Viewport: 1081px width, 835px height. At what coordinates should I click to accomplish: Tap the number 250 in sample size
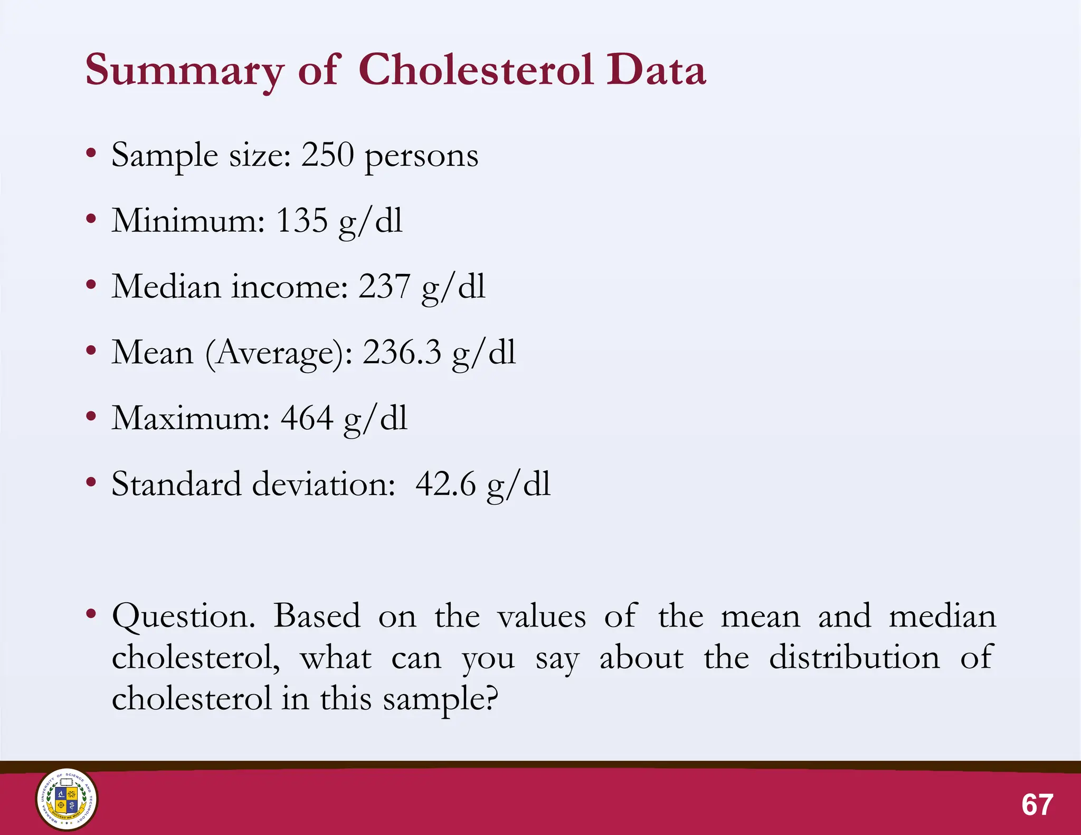click(327, 155)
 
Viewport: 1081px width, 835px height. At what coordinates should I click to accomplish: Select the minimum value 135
click(301, 220)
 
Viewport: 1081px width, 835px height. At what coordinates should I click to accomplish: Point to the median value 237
click(384, 286)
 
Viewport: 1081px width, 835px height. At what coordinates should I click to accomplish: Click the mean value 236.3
click(402, 352)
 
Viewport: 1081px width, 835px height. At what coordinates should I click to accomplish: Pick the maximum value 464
click(307, 418)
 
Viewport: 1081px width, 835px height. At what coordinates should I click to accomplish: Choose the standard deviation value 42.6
click(445, 483)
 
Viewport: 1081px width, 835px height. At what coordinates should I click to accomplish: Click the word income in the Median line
click(289, 286)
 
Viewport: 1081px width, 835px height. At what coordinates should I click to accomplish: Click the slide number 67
click(1037, 804)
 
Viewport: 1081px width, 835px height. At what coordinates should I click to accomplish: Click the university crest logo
click(67, 799)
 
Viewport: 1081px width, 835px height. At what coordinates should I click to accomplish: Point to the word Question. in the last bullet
click(183, 616)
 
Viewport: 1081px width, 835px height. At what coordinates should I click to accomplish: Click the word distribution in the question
click(854, 657)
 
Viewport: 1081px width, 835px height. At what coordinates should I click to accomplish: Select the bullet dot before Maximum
click(91, 416)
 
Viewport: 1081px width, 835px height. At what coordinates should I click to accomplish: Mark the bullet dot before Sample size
click(91, 153)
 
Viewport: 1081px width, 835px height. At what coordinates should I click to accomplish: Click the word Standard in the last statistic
click(176, 483)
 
